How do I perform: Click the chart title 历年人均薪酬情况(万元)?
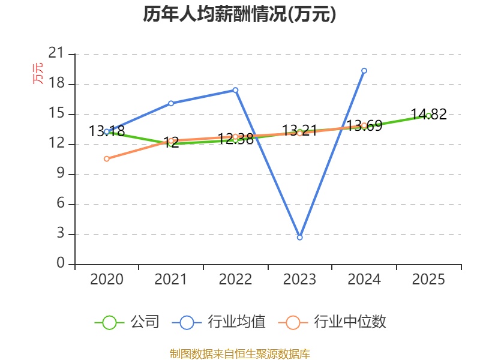239,14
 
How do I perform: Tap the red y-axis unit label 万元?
38,73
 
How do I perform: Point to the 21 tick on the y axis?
56,53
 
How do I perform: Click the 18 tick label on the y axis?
56,83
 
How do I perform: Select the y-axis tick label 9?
61,173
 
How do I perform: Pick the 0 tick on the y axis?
61,263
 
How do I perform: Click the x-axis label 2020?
107,279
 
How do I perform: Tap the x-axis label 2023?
299,279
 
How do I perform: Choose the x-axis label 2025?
428,279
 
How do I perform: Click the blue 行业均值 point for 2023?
299,237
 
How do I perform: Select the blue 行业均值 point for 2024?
364,71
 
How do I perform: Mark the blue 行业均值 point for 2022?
235,90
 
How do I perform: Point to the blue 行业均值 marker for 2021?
171,103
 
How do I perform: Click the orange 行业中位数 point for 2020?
107,158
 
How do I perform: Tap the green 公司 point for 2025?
428,116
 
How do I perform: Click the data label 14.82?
428,114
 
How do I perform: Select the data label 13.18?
107,131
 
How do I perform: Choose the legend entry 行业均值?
218,322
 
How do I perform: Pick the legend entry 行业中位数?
332,322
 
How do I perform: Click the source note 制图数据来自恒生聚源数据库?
239,353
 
